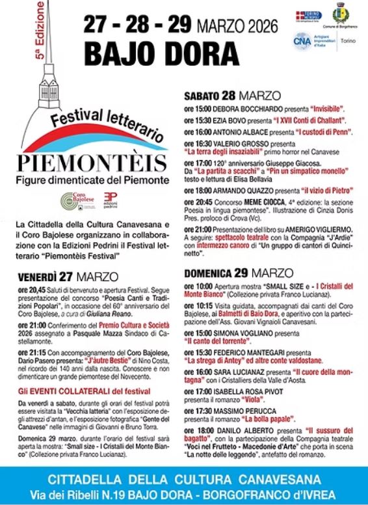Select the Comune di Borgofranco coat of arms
[x=338, y=14]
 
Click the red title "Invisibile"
[x=322, y=107]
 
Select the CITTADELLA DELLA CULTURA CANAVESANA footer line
[x=184, y=480]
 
